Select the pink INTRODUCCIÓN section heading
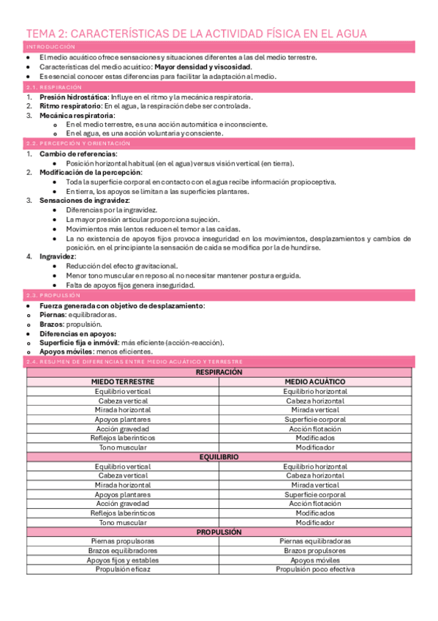click(50, 47)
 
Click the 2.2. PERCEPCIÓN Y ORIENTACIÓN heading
click(75, 144)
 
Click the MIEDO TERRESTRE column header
click(123, 382)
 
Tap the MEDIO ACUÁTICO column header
click(315, 382)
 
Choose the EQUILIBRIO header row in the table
click(219, 456)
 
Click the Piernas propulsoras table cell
click(123, 541)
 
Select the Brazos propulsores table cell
click(315, 550)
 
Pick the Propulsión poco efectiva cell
click(315, 569)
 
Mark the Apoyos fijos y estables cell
click(123, 559)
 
